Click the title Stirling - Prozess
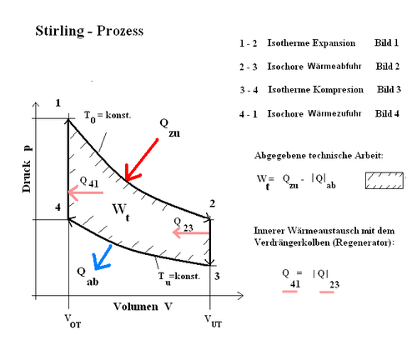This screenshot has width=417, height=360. [x=89, y=31]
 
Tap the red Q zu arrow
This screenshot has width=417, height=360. [x=141, y=160]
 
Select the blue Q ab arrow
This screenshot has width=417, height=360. [x=103, y=257]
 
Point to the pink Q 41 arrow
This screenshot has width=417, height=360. [x=86, y=192]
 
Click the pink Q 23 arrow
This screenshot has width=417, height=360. [x=191, y=233]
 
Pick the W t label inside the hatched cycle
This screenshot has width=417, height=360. [x=121, y=212]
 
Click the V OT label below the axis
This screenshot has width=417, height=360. [x=73, y=321]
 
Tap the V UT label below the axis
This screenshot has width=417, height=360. [x=214, y=321]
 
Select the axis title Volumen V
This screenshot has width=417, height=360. [x=143, y=307]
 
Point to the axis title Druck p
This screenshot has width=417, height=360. [x=27, y=169]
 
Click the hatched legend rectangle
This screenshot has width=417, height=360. [x=384, y=181]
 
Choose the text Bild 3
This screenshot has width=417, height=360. [x=389, y=89]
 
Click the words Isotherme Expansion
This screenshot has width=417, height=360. [x=311, y=43]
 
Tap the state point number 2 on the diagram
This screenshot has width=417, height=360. [x=213, y=203]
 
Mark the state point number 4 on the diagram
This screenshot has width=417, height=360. [x=58, y=207]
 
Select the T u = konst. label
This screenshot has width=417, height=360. [x=179, y=277]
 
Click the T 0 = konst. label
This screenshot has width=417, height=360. [x=108, y=116]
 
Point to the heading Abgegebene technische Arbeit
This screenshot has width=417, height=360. [x=319, y=156]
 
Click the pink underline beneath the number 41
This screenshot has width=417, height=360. [x=289, y=292]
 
